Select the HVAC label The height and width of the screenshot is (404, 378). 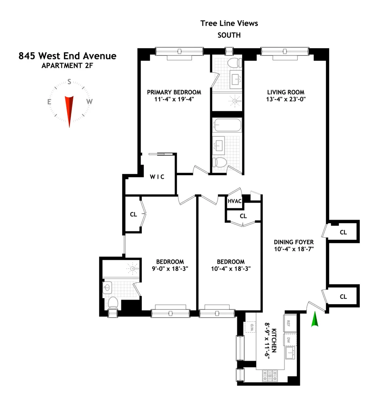234,201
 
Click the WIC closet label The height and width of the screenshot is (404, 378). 157,177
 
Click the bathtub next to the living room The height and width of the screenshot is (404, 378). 227,125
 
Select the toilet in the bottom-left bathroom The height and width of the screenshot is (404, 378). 113,303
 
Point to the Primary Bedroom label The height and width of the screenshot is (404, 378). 174,92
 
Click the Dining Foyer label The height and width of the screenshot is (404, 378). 294,242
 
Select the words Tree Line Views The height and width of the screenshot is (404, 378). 229,23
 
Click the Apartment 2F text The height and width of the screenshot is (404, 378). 67,66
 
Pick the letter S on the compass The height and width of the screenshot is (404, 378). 70,82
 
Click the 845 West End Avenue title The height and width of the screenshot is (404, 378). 67,56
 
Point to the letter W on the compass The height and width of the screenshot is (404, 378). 89,102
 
